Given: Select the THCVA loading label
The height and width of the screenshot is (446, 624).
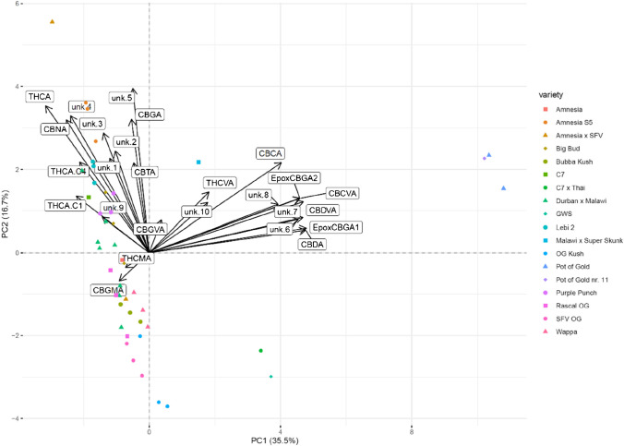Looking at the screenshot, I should pos(221,183).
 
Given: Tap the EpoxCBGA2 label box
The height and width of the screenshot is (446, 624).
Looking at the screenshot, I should pos(294,177).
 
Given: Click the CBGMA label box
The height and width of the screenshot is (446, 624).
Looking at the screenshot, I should pos(107,290).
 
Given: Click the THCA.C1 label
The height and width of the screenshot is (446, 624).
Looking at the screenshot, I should pos(66,205).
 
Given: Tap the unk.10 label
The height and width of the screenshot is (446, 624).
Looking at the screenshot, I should pos(198,212).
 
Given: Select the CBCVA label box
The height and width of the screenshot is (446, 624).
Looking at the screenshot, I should pos(342,194).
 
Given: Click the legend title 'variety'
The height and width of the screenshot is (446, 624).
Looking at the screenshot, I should pos(555,93).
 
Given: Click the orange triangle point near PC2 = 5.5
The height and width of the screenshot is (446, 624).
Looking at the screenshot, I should pos(52,21).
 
